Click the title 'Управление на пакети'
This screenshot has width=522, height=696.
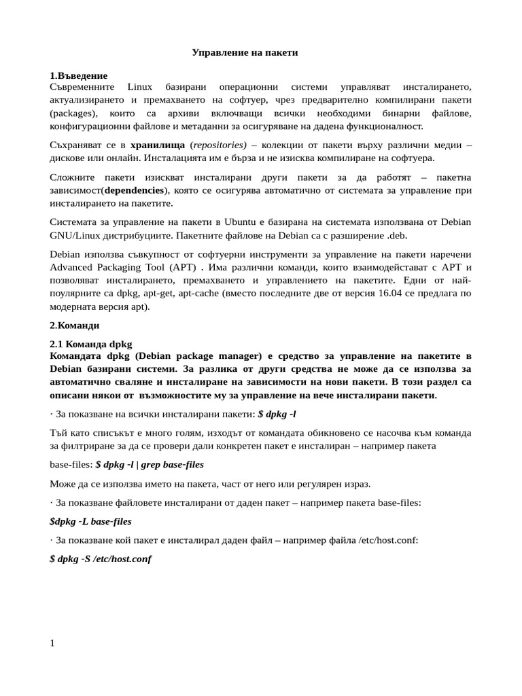(245, 52)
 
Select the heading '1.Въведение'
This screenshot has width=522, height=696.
(78, 75)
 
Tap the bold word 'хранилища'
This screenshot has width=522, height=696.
(157, 145)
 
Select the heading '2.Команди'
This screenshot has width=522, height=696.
(75, 326)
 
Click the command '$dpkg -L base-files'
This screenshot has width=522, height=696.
(90, 521)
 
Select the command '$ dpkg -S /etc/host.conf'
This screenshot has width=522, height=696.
(101, 559)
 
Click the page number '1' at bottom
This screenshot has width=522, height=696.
(52, 643)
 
